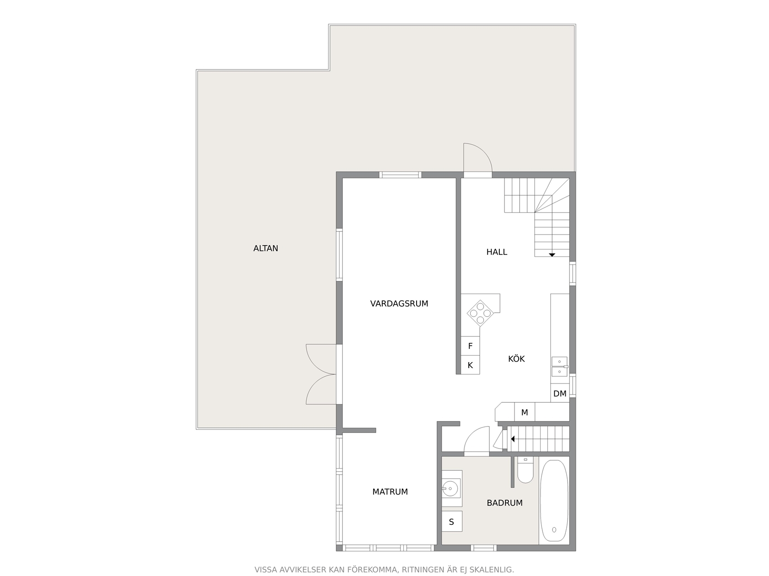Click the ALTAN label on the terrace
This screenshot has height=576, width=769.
click(265, 248)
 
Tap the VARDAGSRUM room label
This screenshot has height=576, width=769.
click(399, 304)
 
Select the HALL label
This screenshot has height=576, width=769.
click(497, 252)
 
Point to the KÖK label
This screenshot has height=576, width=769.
click(516, 358)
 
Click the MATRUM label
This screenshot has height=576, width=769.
click(390, 492)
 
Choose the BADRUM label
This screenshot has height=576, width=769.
click(504, 503)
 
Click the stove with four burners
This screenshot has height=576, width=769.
click(480, 313)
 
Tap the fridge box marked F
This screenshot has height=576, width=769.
click(470, 346)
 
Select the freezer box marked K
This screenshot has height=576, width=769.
click(470, 365)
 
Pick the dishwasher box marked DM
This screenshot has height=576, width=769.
click(559, 394)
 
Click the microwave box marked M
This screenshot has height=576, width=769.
click(525, 412)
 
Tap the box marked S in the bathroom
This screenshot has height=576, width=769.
click(452, 522)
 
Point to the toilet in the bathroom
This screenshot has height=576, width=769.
click(525, 469)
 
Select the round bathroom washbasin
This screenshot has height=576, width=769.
click(450, 488)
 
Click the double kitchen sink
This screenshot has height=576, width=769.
click(559, 367)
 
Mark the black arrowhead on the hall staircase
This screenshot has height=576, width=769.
click(552, 255)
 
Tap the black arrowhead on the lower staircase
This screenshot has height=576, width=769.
click(513, 439)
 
